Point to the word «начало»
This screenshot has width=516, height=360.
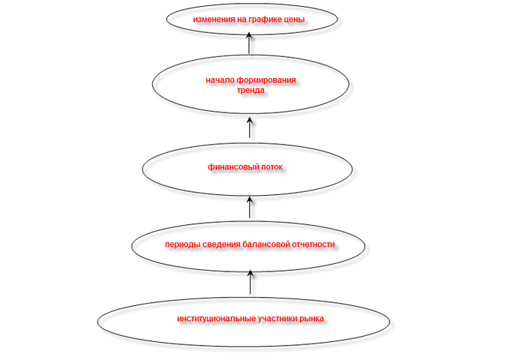point(220,80)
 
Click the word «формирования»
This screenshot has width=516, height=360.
point(266,80)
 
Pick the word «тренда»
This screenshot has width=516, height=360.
point(250,90)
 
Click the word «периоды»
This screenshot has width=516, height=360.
point(182,244)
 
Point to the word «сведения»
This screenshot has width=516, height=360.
point(221,244)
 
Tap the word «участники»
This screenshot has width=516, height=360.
point(277,319)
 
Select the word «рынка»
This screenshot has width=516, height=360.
point(311,319)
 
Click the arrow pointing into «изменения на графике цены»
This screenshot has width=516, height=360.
point(249,43)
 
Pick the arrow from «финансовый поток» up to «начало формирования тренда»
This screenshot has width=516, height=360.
point(250,127)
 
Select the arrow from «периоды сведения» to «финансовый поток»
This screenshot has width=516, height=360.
point(250,207)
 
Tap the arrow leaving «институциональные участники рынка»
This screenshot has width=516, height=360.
point(250,282)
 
